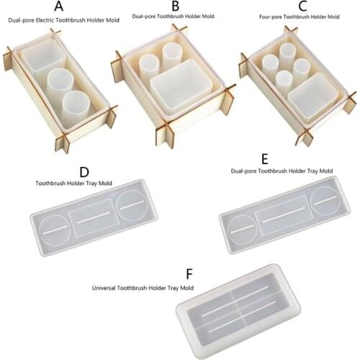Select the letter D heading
tap(84, 172)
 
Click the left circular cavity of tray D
tap(53, 230)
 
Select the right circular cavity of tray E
tap(325, 199)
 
